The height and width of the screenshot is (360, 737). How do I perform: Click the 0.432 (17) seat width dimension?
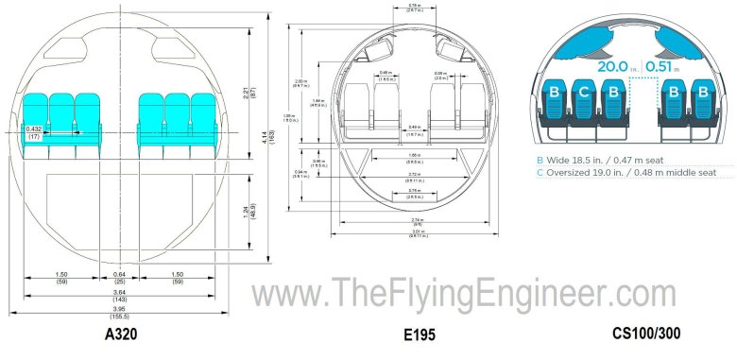35,133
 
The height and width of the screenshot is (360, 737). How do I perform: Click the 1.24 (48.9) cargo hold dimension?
249,201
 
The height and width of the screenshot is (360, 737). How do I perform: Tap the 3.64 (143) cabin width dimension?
119,297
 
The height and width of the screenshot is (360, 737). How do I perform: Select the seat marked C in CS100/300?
585,92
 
